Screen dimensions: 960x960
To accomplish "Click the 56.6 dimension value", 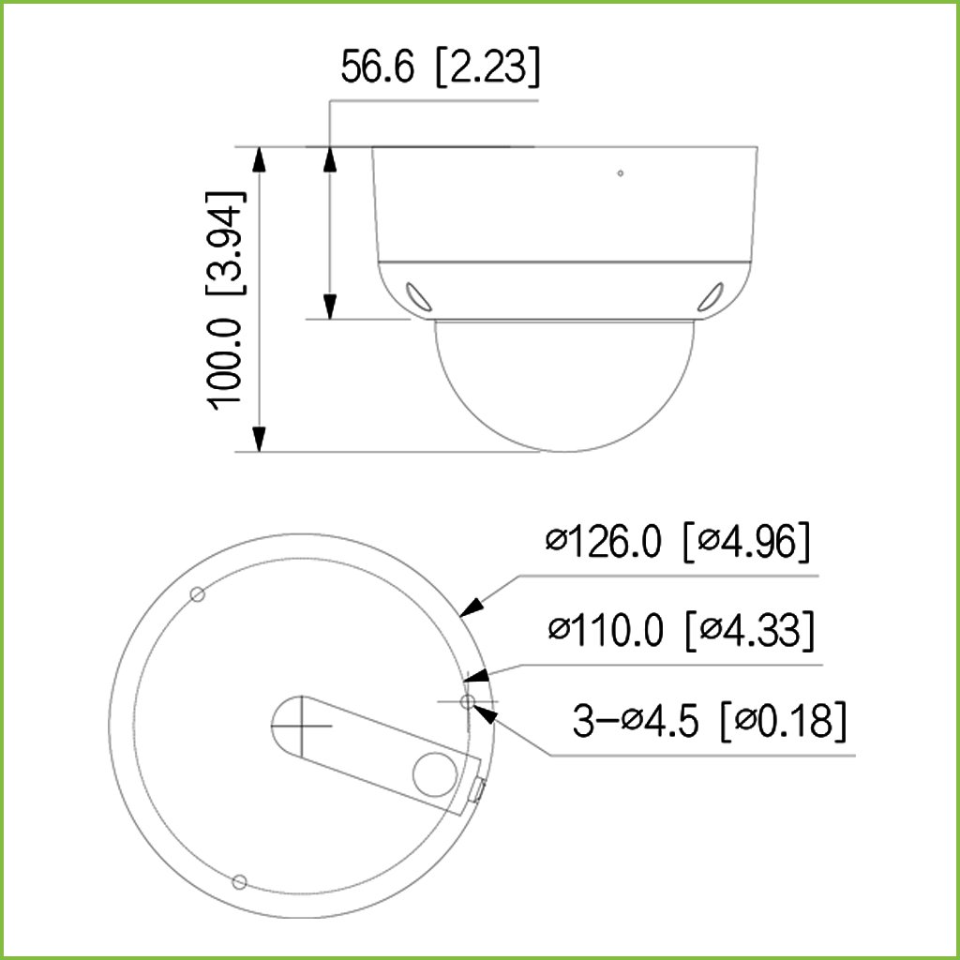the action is (x=378, y=67).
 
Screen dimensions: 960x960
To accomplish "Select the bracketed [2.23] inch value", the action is (x=487, y=67).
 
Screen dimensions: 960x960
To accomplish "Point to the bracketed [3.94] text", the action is (x=225, y=244).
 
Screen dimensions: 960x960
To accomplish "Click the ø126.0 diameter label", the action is (x=604, y=541).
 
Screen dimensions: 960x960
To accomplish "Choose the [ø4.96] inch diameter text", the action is (x=746, y=541).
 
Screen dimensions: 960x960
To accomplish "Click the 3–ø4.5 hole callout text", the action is (x=636, y=721).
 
